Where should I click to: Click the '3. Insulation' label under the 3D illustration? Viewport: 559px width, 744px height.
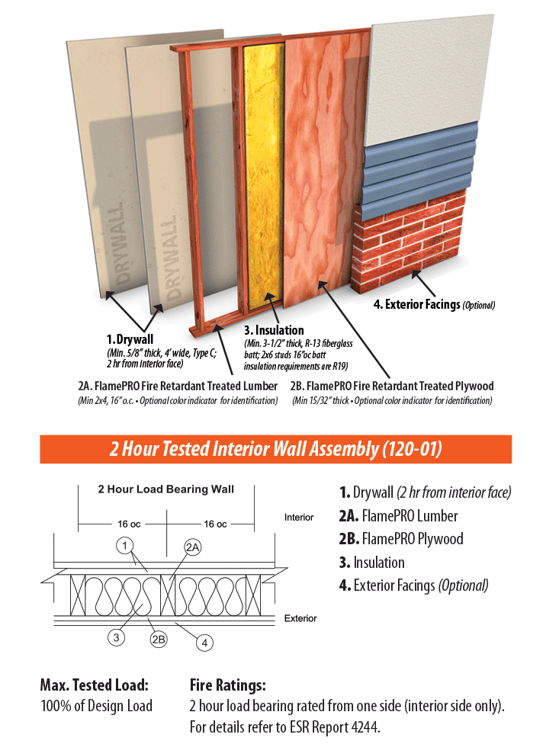274,330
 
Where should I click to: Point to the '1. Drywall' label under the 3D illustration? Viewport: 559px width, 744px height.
130,339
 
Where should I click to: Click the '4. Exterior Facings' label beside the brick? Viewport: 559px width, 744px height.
416,304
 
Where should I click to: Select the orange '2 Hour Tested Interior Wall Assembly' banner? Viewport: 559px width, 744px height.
276,449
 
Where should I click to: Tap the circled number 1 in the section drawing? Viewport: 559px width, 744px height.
124,546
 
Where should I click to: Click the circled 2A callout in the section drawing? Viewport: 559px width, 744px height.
192,547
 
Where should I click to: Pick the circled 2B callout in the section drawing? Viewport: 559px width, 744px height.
159,640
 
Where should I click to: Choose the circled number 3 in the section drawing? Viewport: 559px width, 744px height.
116,637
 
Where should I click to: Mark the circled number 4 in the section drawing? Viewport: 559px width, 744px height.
204,643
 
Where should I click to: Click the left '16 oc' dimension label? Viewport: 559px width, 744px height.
129,524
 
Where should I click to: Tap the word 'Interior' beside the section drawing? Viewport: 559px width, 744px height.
299,517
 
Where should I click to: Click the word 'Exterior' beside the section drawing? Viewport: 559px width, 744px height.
300,618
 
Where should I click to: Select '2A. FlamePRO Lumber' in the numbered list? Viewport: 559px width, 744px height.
398,516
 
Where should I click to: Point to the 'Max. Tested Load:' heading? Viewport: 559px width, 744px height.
95,685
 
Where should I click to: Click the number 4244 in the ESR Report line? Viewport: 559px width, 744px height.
364,727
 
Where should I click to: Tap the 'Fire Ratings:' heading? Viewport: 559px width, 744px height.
228,685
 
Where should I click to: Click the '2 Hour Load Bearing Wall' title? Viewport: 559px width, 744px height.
166,489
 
